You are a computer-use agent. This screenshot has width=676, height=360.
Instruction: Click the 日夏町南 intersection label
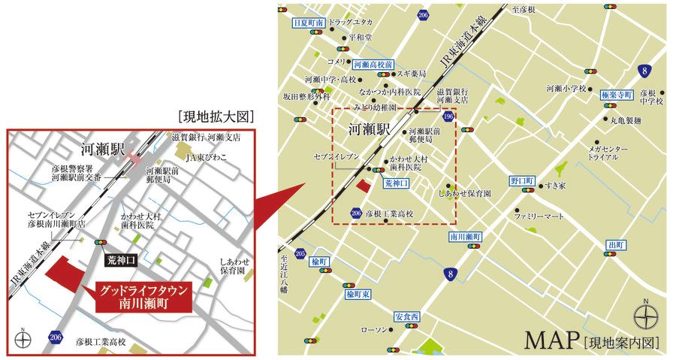click(x=308, y=23)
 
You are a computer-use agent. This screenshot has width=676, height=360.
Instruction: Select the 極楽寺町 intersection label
click(x=618, y=96)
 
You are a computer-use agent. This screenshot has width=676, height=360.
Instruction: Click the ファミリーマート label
click(x=539, y=216)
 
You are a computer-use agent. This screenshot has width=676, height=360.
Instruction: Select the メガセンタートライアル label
click(x=608, y=153)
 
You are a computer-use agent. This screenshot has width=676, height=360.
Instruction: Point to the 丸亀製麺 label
click(x=626, y=119)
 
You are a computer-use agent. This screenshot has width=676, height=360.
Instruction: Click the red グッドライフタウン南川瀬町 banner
click(x=143, y=298)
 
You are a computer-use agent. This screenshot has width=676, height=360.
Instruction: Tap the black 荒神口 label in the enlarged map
click(x=119, y=257)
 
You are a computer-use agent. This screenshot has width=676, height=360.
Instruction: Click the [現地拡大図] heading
click(x=217, y=117)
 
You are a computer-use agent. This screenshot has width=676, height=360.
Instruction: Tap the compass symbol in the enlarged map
click(x=23, y=337)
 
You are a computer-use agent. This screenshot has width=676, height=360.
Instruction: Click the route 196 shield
click(x=448, y=116)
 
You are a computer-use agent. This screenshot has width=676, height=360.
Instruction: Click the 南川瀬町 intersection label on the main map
click(x=466, y=236)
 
